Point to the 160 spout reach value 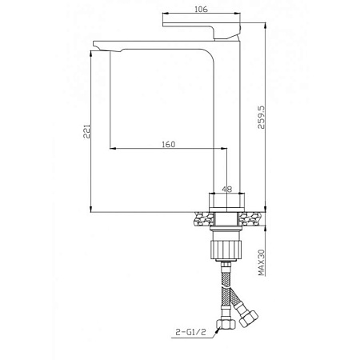[167, 144]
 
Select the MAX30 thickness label [262, 260]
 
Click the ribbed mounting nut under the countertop [226, 245]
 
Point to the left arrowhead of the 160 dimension [112, 150]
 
